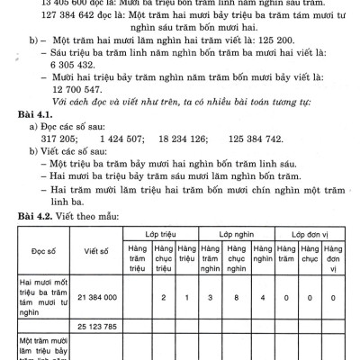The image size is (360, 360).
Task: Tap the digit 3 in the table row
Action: coord(211,296)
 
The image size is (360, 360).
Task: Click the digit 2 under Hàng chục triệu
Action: coord(162,296)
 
